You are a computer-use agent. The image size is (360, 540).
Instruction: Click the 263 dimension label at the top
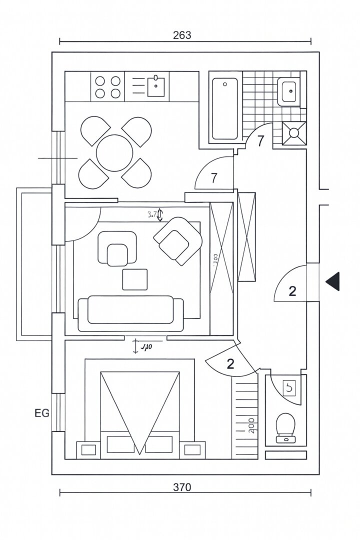[182, 35]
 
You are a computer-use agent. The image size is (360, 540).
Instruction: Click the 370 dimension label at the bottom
[182, 487]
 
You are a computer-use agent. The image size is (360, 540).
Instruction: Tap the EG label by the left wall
[42, 413]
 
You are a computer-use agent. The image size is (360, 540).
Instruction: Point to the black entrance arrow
[332, 281]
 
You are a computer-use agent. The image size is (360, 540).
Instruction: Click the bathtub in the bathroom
[224, 108]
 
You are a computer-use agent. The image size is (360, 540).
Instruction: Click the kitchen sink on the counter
[156, 86]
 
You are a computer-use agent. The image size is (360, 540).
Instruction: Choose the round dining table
[115, 153]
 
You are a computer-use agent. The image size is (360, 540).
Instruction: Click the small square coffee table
[135, 279]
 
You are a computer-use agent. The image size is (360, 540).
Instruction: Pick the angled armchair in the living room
[177, 239]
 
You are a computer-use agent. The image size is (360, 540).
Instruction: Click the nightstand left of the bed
[88, 449]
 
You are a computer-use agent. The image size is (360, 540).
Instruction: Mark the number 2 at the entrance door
[292, 291]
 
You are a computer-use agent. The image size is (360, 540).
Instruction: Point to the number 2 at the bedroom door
[230, 364]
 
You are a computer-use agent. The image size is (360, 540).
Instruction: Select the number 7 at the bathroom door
[260, 141]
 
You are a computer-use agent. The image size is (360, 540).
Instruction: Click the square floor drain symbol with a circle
[294, 132]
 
